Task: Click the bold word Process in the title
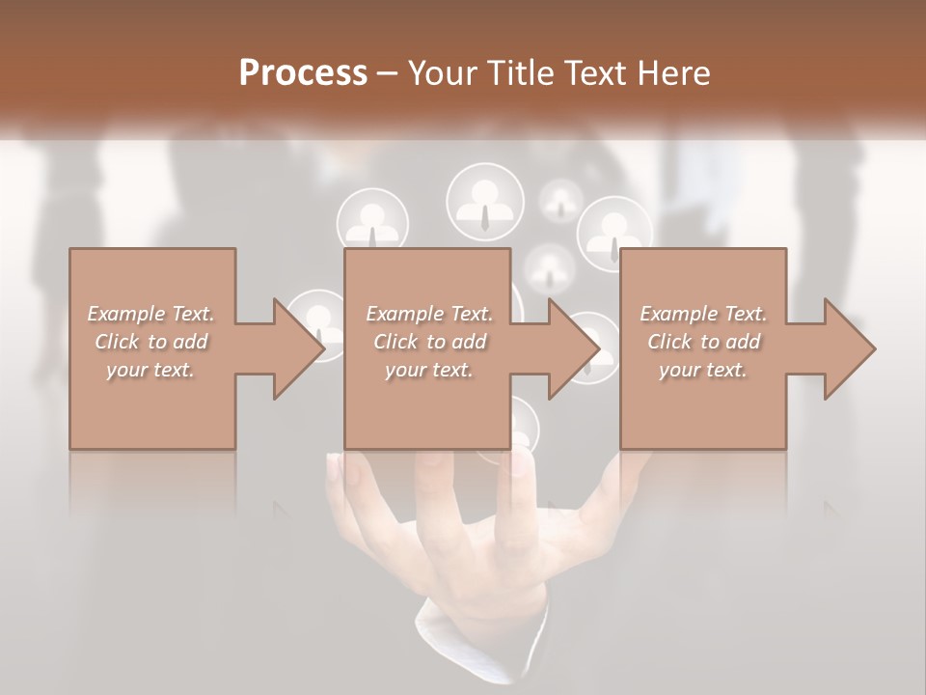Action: [x=303, y=73]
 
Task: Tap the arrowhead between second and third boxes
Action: [x=573, y=348]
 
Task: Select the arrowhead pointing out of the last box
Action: [x=849, y=348]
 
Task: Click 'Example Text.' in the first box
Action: [x=151, y=314]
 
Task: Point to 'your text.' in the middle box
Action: [x=428, y=370]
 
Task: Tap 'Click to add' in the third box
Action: [x=704, y=342]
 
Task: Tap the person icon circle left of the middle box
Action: [x=316, y=323]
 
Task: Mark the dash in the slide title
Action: [x=388, y=73]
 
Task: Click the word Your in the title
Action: [x=445, y=73]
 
